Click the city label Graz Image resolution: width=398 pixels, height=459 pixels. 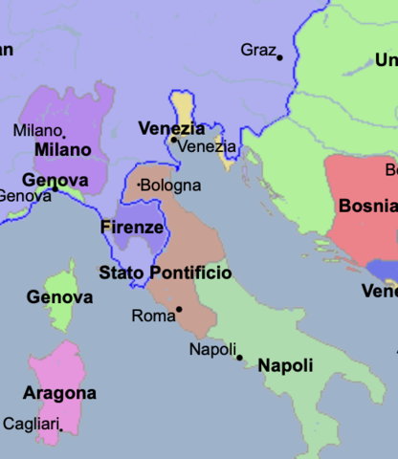point(257,50)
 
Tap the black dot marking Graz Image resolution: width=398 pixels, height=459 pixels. point(280,58)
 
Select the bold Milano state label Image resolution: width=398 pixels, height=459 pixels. point(62,150)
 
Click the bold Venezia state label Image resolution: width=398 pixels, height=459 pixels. point(171,128)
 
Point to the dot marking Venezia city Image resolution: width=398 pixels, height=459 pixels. point(173,140)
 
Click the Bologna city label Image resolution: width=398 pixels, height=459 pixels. point(172,185)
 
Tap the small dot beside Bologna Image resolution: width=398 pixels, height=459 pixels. point(140,184)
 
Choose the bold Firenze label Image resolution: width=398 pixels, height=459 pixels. point(132,228)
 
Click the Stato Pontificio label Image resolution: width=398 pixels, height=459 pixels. point(166,273)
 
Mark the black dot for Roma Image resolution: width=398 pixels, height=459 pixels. point(179,309)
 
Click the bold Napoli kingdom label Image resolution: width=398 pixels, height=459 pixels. point(285,365)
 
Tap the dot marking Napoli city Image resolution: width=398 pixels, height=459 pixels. point(240,358)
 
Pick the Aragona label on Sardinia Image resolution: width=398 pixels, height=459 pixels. point(59,393)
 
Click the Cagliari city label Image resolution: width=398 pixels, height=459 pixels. point(32,424)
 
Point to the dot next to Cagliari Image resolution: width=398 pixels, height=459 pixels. point(61,429)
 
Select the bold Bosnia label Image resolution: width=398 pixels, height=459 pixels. point(367,206)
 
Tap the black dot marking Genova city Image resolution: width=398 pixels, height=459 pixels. point(55,189)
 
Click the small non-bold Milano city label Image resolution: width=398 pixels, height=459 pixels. point(38,130)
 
